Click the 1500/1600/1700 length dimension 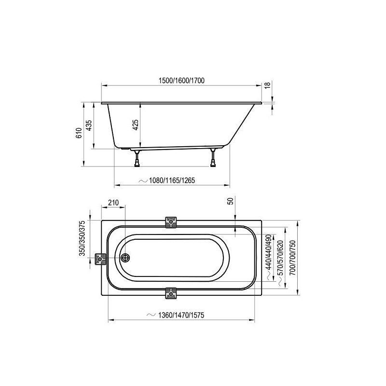tap(181, 81)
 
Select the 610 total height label tap(79, 133)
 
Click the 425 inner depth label tap(136, 125)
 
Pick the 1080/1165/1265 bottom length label tap(172, 180)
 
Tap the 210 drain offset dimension tap(113, 203)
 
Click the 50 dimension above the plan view tap(231, 201)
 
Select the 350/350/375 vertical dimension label tap(82, 238)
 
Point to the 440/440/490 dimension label tap(268, 252)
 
